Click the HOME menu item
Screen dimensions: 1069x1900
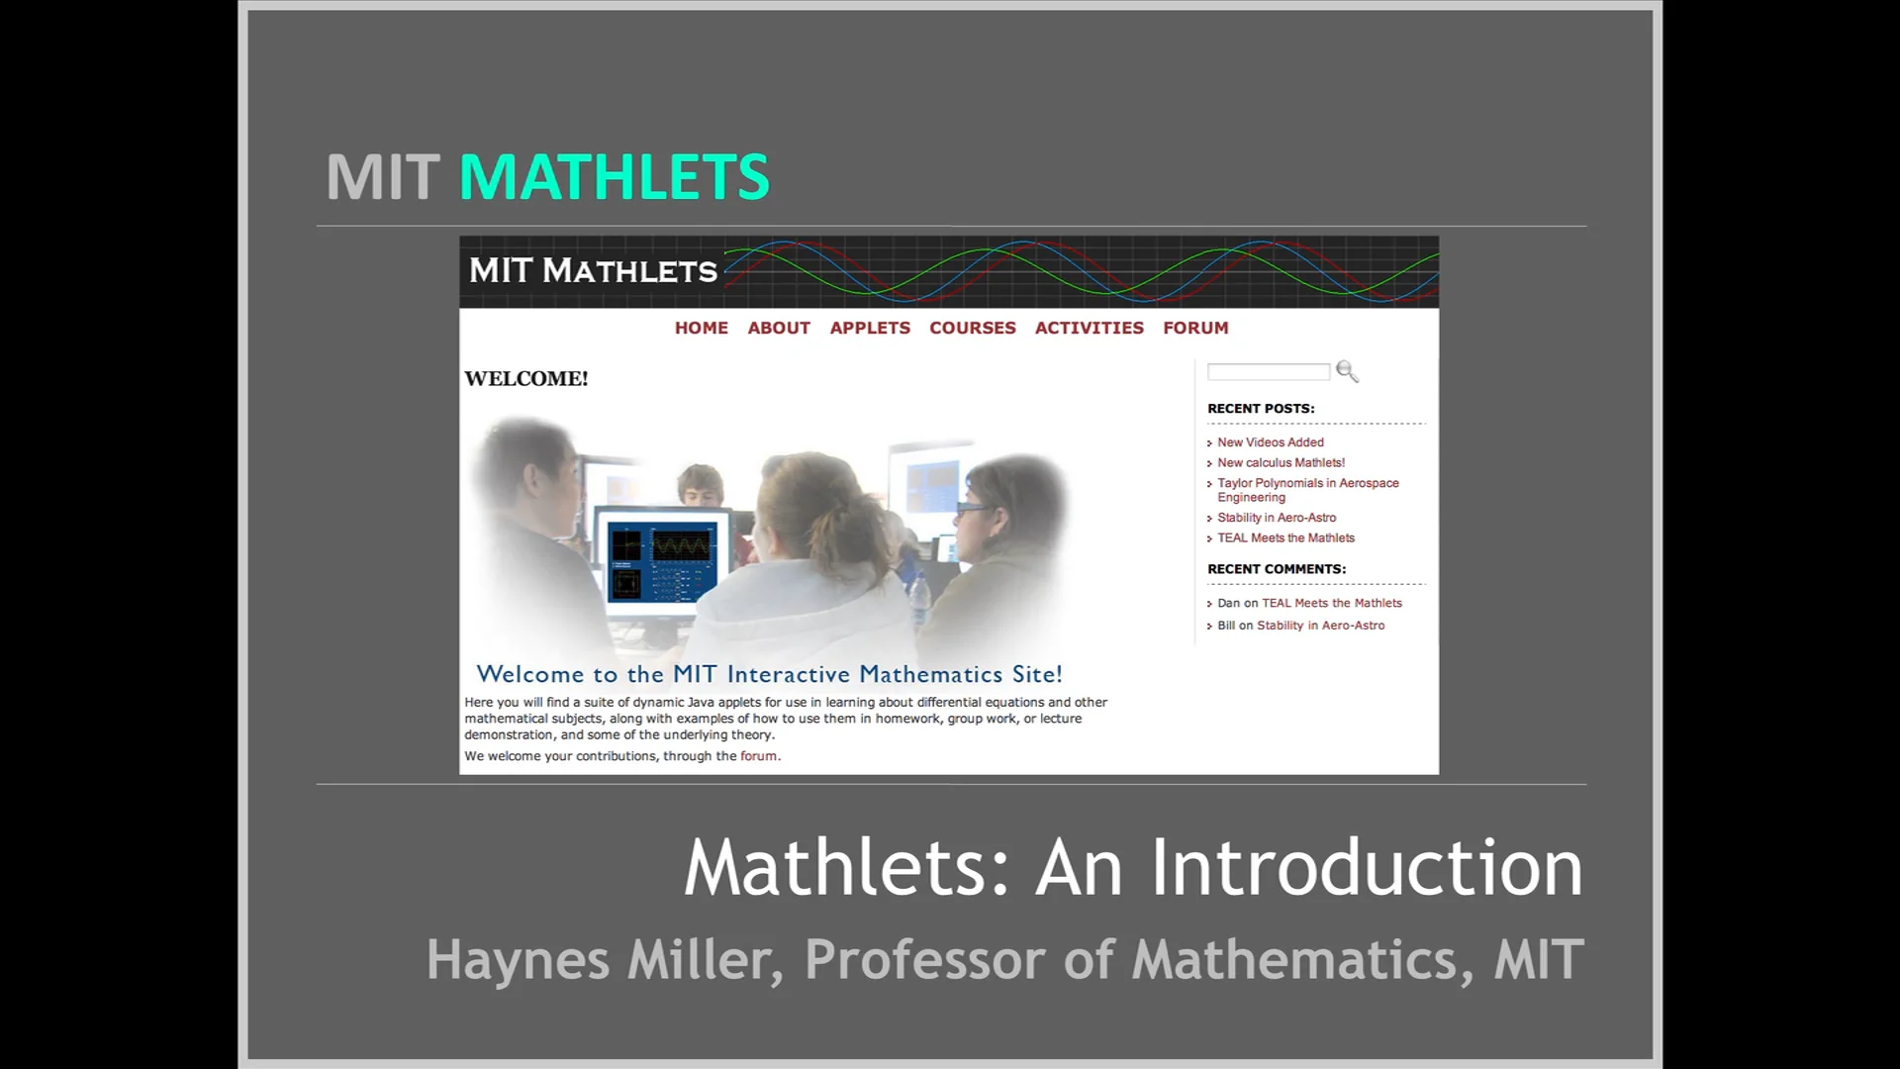tap(701, 328)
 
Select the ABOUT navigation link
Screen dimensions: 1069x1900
tap(778, 328)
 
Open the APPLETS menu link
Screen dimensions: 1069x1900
tap(869, 328)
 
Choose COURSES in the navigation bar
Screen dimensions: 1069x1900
tap(972, 328)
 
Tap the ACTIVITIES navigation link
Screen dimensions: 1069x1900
tap(1089, 328)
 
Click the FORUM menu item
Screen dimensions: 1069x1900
tap(1195, 328)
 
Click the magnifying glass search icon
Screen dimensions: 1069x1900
tap(1346, 371)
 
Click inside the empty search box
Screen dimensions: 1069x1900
tap(1268, 372)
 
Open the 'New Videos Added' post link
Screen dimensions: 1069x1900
tap(1270, 442)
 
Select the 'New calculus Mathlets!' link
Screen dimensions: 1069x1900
tap(1281, 462)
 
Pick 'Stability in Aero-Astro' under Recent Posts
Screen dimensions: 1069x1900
tap(1276, 518)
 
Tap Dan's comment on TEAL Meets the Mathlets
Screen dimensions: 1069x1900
tap(1331, 603)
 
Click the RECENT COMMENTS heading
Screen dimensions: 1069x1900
tap(1276, 569)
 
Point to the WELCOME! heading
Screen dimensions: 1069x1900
tap(525, 379)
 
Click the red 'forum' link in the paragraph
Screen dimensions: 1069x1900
tap(758, 756)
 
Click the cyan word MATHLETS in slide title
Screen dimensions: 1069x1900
tap(614, 178)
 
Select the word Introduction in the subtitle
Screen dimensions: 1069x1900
tap(1366, 868)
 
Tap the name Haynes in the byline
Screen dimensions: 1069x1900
tap(518, 960)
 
